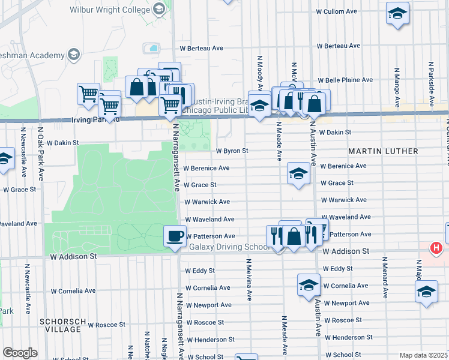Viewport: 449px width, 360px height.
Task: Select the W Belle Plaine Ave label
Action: pyautogui.click(x=345, y=80)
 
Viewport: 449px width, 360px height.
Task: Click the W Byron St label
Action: pyautogui.click(x=232, y=151)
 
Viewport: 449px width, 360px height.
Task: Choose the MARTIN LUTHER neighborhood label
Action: pyautogui.click(x=384, y=151)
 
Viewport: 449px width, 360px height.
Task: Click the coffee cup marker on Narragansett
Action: pyautogui.click(x=175, y=235)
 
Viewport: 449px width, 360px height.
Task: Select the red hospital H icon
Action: pyautogui.click(x=436, y=247)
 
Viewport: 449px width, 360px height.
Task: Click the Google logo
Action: pyautogui.click(x=20, y=353)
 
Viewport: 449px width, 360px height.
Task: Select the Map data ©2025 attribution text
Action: pyautogui.click(x=423, y=355)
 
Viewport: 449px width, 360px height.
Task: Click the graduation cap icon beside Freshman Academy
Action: pyautogui.click(x=74, y=55)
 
